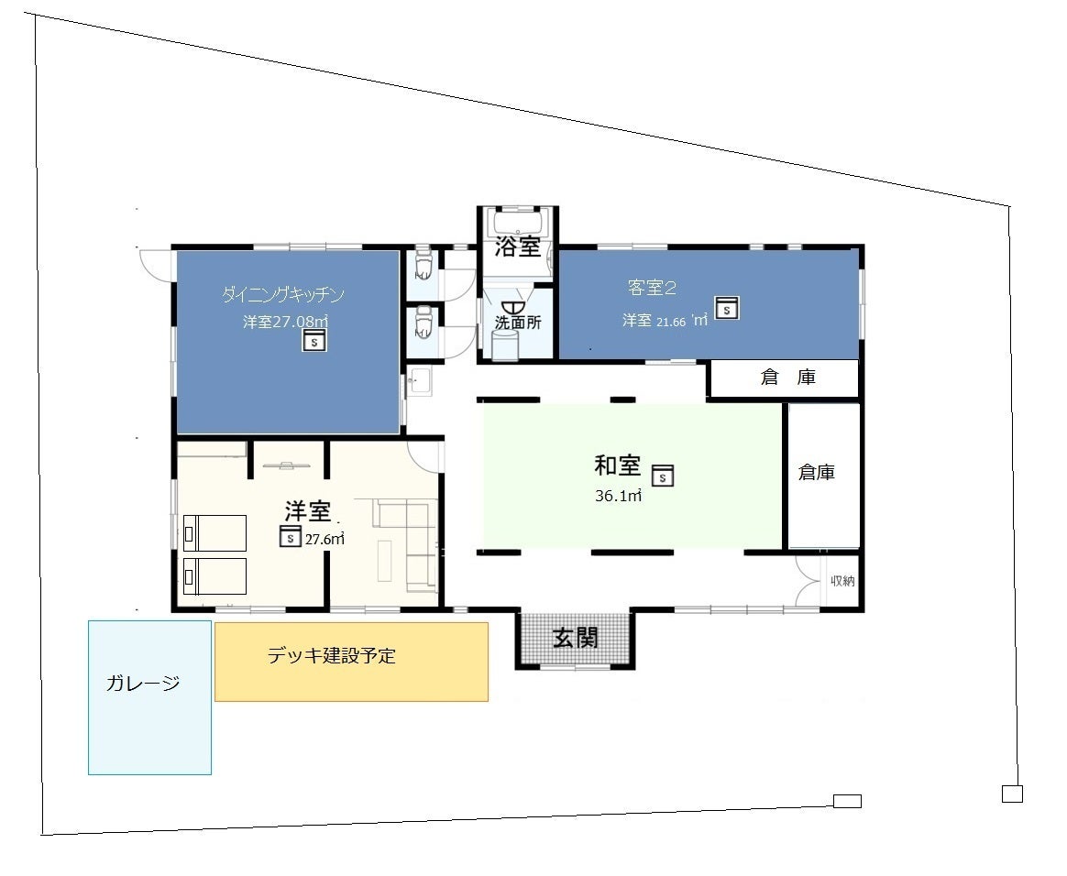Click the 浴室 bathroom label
518,246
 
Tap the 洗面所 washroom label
518,323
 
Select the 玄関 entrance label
576,638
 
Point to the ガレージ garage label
143,683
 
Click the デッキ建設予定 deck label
332,656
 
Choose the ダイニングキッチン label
283,294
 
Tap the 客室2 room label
652,288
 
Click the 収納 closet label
842,581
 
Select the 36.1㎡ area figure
618,496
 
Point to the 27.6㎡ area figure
324,540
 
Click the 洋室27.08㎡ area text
286,321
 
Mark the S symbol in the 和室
662,476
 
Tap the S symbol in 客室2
727,308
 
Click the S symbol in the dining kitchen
313,340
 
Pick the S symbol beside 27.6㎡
291,536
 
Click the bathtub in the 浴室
518,223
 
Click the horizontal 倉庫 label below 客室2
788,377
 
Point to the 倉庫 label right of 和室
817,472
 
